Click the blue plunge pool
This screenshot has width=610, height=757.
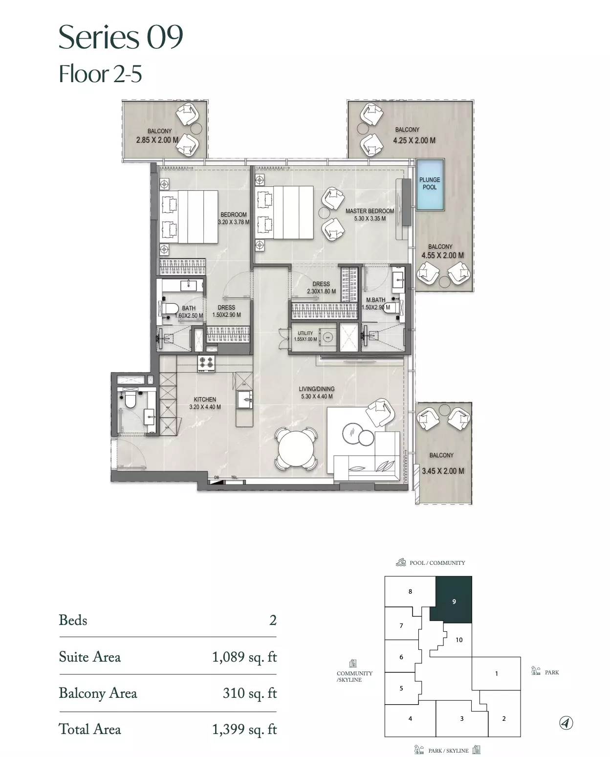click(430, 185)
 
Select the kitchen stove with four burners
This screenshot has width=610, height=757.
click(206, 363)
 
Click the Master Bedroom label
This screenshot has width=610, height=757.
click(370, 211)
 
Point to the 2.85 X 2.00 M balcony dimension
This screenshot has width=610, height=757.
click(157, 140)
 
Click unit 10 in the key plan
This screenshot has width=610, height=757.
click(459, 640)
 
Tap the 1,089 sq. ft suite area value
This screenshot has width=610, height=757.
click(244, 657)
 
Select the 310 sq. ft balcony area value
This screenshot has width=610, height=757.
click(250, 693)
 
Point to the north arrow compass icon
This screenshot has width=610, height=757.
click(566, 723)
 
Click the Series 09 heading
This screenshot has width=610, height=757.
click(121, 37)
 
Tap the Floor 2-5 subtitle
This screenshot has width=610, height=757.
click(100, 74)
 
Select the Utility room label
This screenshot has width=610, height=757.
click(305, 333)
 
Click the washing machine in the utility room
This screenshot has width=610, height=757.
click(327, 337)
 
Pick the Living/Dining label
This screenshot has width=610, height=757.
click(316, 389)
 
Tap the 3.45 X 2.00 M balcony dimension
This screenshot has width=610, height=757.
click(443, 471)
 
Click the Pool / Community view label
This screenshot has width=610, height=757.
click(437, 563)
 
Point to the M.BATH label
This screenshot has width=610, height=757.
click(375, 300)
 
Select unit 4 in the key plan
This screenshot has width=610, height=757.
click(410, 719)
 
